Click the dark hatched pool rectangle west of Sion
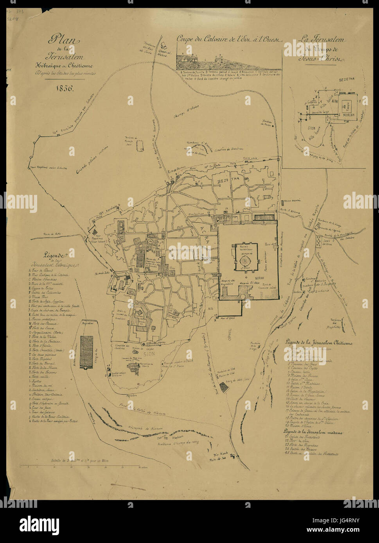(86, 351)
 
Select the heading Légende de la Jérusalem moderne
(313, 432)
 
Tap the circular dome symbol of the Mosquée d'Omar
(245, 260)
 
